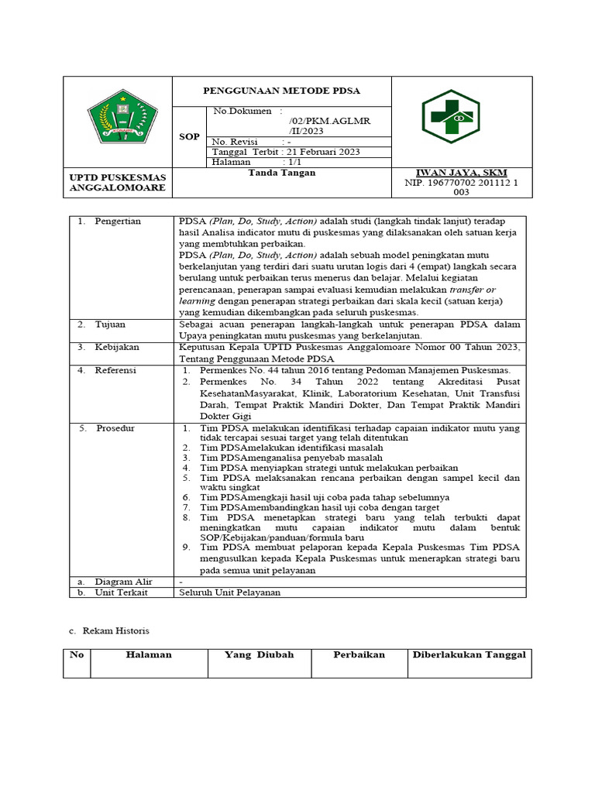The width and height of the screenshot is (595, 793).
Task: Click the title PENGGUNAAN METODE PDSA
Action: tap(281, 91)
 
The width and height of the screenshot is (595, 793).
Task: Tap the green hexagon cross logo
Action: tap(461, 117)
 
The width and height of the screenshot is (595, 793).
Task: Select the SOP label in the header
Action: tap(190, 137)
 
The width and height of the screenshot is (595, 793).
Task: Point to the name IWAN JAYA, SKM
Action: tap(462, 172)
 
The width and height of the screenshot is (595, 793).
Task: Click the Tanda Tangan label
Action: tap(281, 173)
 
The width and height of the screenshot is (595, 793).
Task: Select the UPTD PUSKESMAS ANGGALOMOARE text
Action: tap(118, 183)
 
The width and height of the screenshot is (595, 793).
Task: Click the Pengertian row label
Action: tap(118, 221)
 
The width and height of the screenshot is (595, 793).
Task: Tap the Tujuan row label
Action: tap(110, 324)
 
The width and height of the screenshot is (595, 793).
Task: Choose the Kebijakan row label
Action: tap(116, 348)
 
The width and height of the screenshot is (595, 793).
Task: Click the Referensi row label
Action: tap(115, 370)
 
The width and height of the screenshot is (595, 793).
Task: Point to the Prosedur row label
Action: tap(115, 427)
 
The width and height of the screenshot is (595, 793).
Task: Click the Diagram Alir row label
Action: tap(123, 581)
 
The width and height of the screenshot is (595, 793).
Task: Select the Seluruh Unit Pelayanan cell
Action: tap(230, 592)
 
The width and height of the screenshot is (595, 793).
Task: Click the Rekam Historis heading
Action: tap(115, 631)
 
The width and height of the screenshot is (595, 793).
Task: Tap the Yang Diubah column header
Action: tap(259, 655)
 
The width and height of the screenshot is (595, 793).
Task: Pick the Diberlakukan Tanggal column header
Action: tap(469, 655)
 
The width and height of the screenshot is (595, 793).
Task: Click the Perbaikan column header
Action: tap(359, 655)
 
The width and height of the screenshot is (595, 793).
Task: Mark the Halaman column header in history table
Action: tap(149, 655)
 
